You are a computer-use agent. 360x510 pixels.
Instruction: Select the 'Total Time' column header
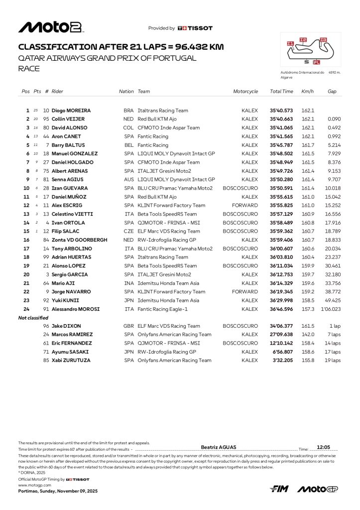point(281,92)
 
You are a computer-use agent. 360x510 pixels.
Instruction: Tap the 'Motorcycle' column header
point(245,92)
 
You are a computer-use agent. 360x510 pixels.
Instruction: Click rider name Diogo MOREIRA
point(70,111)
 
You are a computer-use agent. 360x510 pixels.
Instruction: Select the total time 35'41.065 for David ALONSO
point(281,127)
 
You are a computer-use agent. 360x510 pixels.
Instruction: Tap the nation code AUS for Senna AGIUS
point(128,179)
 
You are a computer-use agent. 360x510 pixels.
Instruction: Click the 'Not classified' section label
point(33,318)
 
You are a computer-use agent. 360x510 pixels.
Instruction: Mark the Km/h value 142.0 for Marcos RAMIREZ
point(308,335)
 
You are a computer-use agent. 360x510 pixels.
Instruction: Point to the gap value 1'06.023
point(331,309)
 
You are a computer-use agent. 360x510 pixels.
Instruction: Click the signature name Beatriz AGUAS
point(219,447)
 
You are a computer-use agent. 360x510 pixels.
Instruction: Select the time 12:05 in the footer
point(324,447)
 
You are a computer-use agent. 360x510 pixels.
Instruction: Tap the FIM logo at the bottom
point(279,489)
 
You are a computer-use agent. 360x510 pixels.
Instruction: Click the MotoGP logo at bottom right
point(318,489)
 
